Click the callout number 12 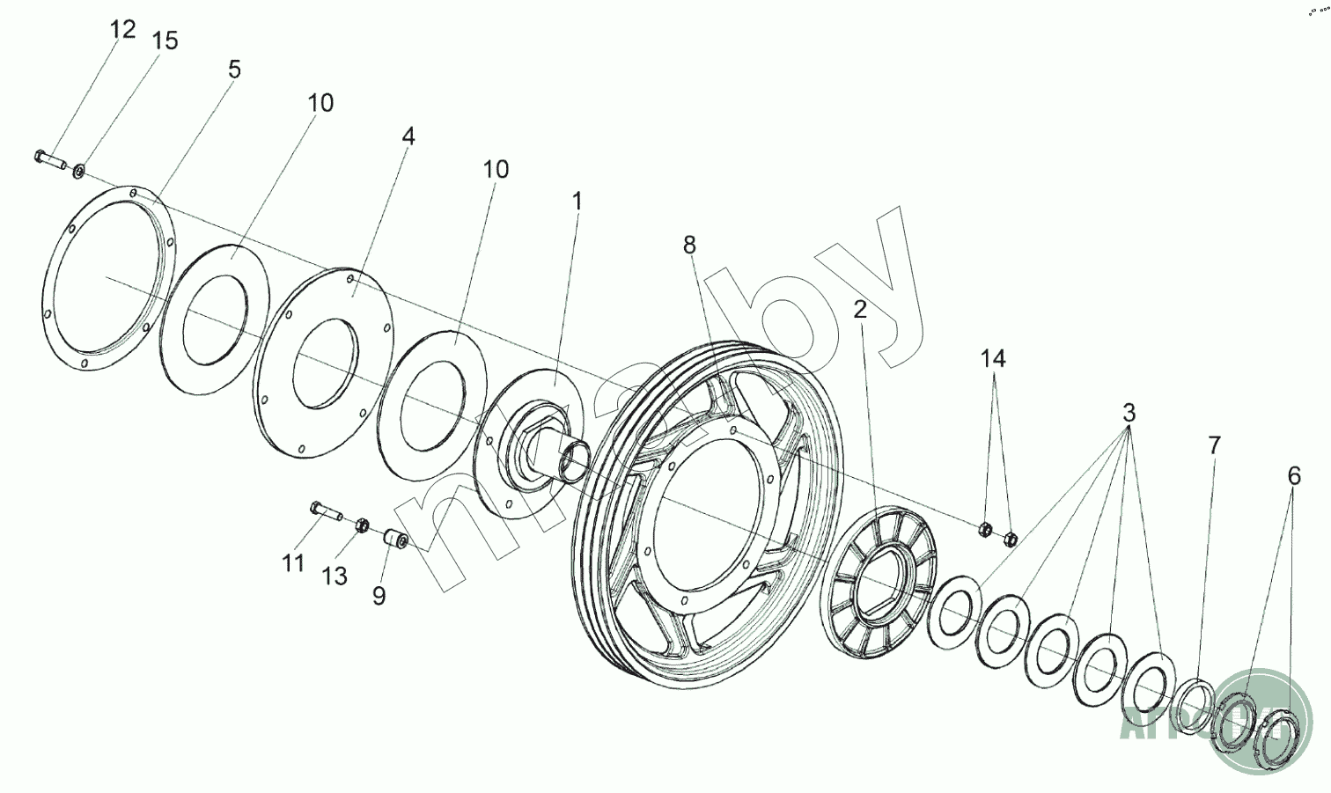coord(123,29)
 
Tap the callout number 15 coord(165,40)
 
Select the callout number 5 coord(233,70)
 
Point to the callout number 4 coord(408,136)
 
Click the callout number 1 coord(577,202)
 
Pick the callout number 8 coord(689,245)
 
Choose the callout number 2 coord(859,309)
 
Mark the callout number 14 coord(994,358)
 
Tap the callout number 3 coord(1129,413)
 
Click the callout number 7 coord(1214,445)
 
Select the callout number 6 coord(1293,476)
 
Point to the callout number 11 coord(293,562)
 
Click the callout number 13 coord(335,576)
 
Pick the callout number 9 coord(379,596)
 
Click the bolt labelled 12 coord(50,160)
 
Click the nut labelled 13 coord(360,525)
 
